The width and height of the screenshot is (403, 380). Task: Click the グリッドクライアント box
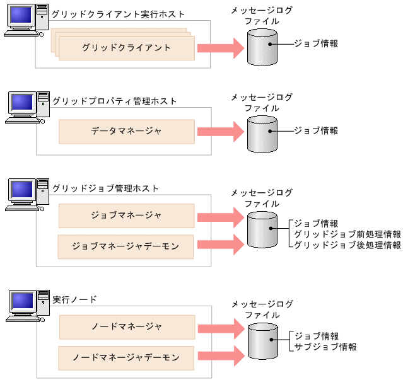pos(126,48)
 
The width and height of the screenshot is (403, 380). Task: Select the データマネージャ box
pos(126,132)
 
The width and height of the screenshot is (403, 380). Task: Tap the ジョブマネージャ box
pos(126,216)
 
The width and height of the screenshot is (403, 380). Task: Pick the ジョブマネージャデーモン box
pos(126,246)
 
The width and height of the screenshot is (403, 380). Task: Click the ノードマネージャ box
pos(126,327)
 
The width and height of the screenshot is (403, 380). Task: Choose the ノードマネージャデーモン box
pos(126,358)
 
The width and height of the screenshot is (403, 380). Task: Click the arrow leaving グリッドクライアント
pos(220,48)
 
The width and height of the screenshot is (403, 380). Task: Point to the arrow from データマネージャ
pos(220,132)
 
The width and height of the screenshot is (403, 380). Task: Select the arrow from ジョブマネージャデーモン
pos(220,245)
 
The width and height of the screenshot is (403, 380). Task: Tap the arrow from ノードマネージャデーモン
pos(220,355)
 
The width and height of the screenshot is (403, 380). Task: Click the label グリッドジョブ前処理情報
pos(348,234)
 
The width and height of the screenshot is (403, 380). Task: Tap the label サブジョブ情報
pos(326,347)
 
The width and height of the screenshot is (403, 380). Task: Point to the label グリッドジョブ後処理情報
pos(348,245)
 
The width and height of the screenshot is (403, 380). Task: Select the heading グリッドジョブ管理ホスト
pos(105,188)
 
